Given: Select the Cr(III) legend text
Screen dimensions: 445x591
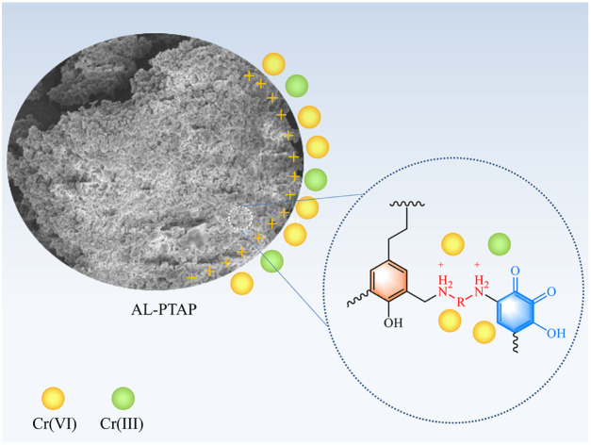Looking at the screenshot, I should pyautogui.click(x=123, y=423).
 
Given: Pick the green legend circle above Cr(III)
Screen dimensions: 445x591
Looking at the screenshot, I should pyautogui.click(x=123, y=399).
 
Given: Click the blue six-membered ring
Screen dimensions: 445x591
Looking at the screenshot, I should pyautogui.click(x=515, y=305).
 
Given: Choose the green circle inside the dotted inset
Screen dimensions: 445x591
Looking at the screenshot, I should pyautogui.click(x=500, y=245).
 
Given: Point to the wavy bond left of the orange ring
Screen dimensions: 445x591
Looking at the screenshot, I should pyautogui.click(x=351, y=302).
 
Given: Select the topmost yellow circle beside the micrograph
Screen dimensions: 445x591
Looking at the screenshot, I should pyautogui.click(x=273, y=64).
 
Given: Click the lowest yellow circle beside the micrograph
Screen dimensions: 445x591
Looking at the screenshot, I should pyautogui.click(x=241, y=283).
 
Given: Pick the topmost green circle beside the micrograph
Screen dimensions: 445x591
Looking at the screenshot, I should pyautogui.click(x=296, y=86).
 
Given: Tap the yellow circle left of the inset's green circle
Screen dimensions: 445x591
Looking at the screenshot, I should pyautogui.click(x=452, y=245).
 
